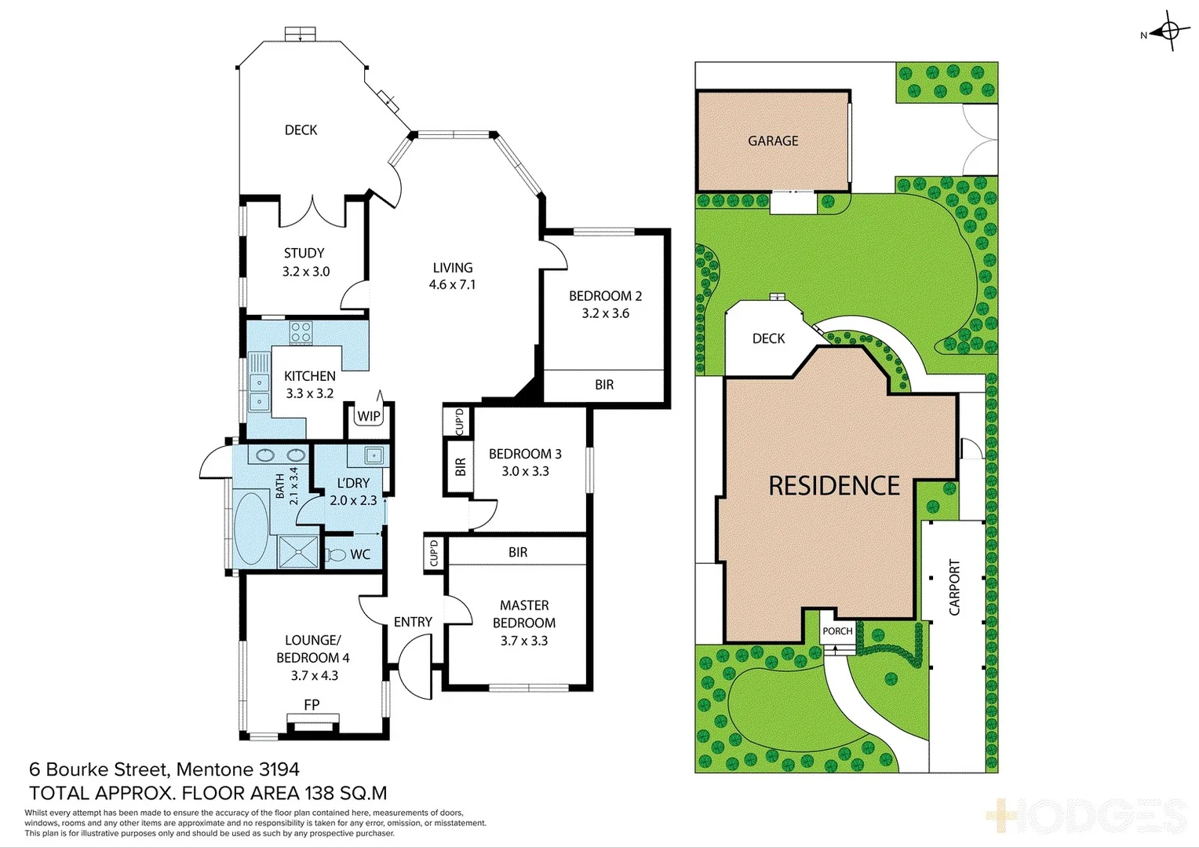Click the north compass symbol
click(1168, 31)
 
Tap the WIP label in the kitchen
click(369, 416)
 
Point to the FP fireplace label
click(312, 704)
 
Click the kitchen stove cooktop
click(301, 332)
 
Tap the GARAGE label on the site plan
click(773, 141)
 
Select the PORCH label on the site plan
click(837, 631)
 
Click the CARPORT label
click(954, 587)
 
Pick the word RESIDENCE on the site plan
click(834, 486)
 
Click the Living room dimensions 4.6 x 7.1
click(452, 285)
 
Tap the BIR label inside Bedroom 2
click(604, 385)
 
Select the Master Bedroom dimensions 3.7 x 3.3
click(524, 641)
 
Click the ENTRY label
click(413, 622)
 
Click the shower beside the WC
click(298, 551)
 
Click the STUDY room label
click(304, 253)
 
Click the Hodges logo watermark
click(1087, 817)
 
